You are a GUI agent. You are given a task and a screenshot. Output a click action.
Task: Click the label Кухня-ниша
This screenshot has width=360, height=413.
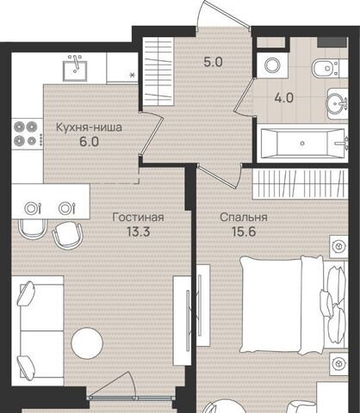pyautogui.click(x=89, y=127)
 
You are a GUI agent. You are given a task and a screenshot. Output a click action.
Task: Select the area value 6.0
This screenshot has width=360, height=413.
pyautogui.click(x=90, y=141)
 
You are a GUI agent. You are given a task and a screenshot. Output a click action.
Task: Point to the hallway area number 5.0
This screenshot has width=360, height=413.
pyautogui.click(x=213, y=62)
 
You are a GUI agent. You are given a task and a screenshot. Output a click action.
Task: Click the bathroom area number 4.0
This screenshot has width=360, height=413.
pyautogui.click(x=284, y=98)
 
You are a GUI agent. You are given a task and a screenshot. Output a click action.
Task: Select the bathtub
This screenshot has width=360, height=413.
pyautogui.click(x=302, y=144)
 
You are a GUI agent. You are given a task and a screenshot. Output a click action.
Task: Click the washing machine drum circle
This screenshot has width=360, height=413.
pyautogui.click(x=272, y=65)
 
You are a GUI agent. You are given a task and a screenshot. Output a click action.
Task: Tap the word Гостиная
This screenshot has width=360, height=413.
pyautogui.click(x=138, y=217)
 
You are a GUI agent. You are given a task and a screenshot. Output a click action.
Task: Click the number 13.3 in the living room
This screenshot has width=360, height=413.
pyautogui.click(x=139, y=231)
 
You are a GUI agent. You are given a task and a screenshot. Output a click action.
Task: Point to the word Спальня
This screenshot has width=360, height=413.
pyautogui.click(x=244, y=217)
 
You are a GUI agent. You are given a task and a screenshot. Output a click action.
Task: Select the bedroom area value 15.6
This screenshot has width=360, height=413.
pyautogui.click(x=244, y=231)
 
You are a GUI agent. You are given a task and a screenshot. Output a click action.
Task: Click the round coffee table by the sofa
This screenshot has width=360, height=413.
pyautogui.click(x=87, y=343)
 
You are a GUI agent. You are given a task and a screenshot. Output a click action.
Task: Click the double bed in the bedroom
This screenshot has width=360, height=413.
pyautogui.click(x=293, y=305)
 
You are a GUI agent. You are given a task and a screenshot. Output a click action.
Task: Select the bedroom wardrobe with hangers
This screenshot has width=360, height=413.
pyautogui.click(x=301, y=184)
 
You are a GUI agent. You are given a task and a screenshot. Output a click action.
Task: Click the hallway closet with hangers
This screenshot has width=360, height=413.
pyautogui.click(x=158, y=71)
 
